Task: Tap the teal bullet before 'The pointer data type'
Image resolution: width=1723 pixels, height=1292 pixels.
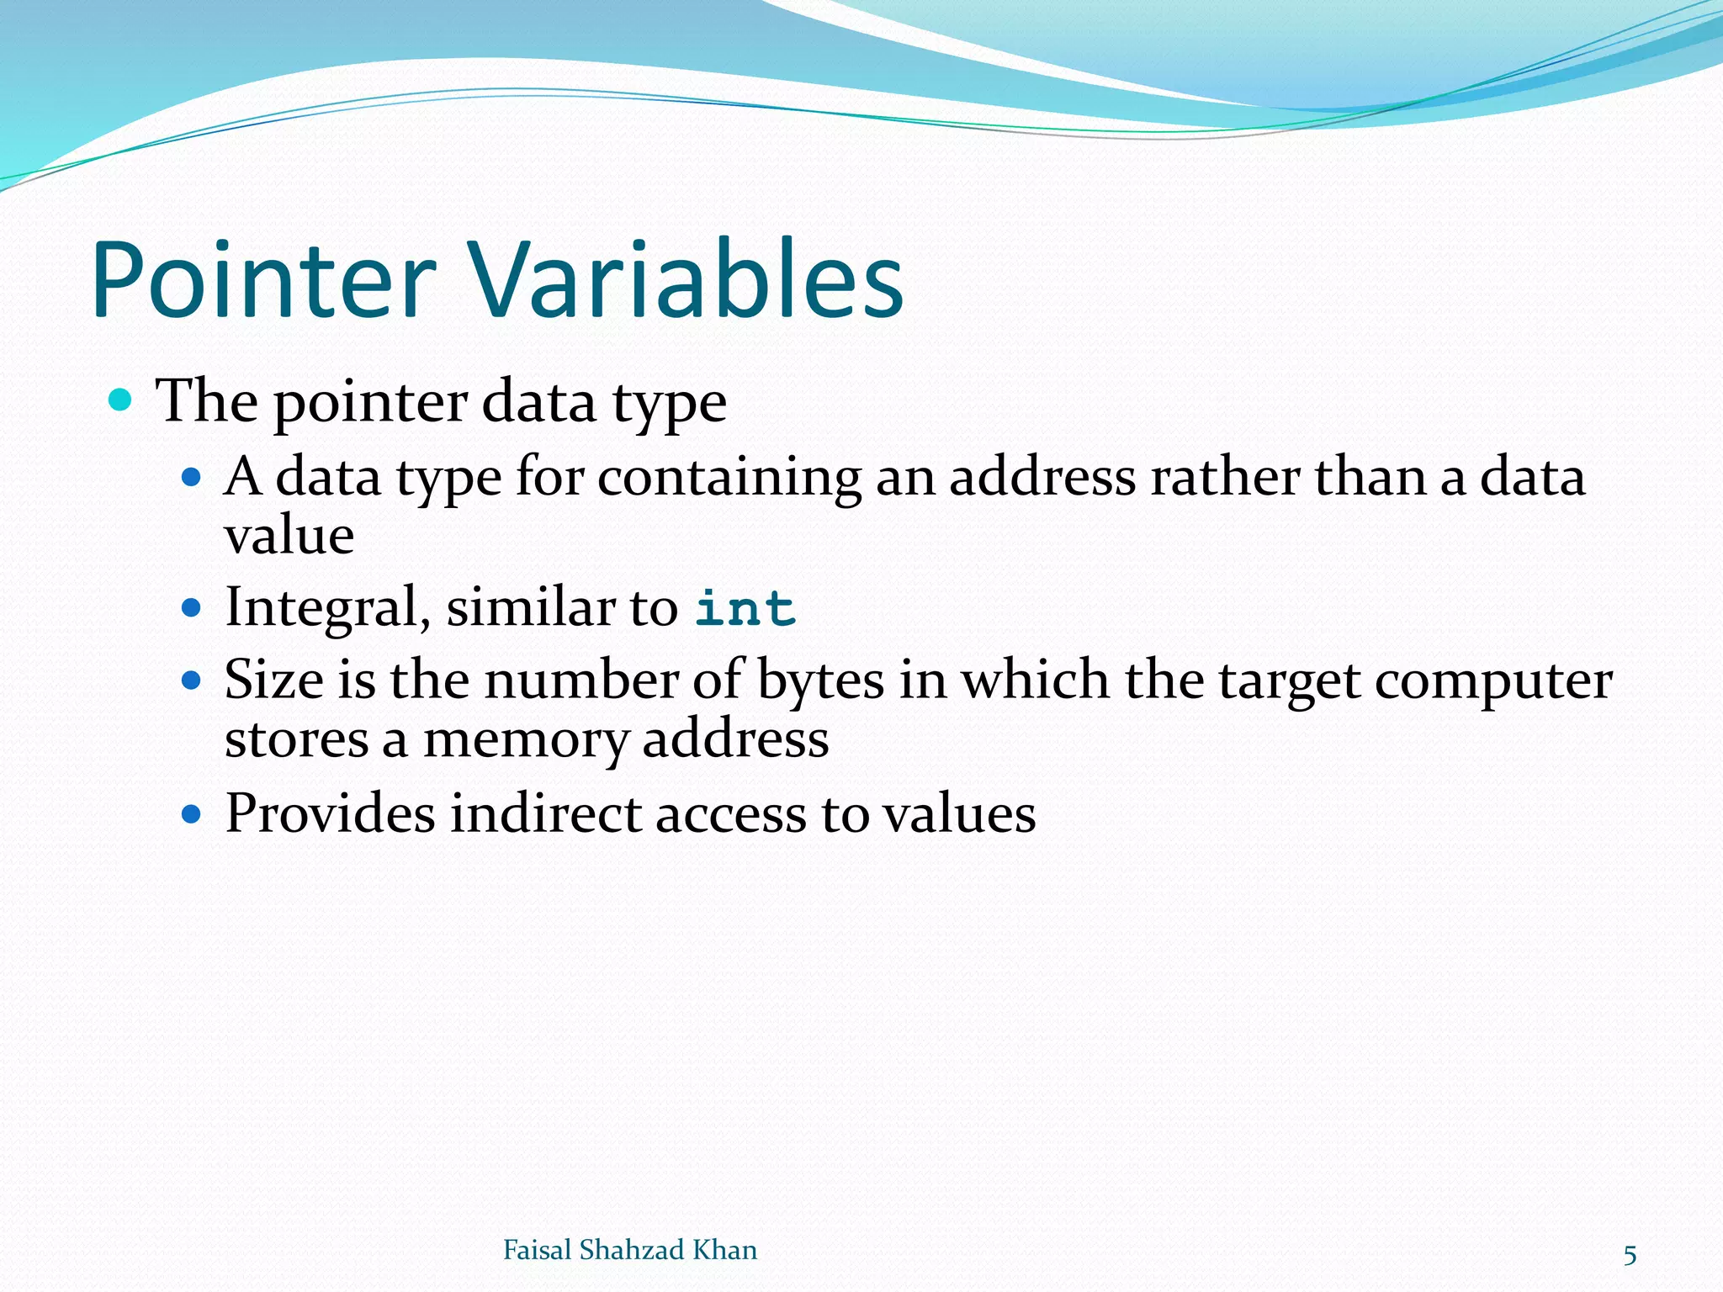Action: coord(121,400)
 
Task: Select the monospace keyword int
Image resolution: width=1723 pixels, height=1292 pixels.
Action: coord(745,608)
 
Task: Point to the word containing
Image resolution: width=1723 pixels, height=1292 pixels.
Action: coord(729,478)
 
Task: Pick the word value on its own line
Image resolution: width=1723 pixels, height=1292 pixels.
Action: coord(289,536)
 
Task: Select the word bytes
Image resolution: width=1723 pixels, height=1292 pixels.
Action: coord(820,680)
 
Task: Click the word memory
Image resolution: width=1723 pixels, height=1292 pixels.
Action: coord(525,740)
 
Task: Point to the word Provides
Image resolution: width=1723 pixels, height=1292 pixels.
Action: coord(330,813)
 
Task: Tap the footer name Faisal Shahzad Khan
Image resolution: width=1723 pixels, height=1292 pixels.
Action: coord(629,1250)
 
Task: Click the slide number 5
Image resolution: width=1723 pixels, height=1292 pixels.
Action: coord(1630,1255)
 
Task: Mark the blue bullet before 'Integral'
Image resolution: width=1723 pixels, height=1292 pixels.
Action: coord(192,606)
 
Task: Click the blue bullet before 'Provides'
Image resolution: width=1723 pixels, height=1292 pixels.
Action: coord(192,813)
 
